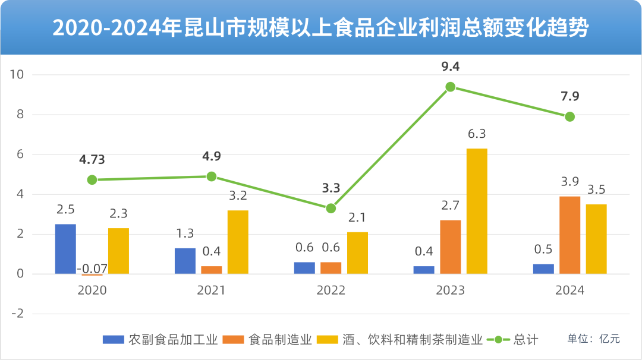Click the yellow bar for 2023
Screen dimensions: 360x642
[477, 211]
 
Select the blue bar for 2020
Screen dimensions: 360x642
[65, 249]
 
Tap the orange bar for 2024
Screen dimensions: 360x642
[569, 235]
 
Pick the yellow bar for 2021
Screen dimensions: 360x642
[238, 242]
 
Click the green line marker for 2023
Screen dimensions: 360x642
[451, 87]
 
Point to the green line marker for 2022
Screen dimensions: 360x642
[331, 209]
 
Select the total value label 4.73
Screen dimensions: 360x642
[92, 159]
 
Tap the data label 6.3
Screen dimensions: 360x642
[477, 134]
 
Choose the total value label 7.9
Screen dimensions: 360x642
[569, 96]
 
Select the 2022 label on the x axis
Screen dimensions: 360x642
[331, 290]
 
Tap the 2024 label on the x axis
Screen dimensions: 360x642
[569, 290]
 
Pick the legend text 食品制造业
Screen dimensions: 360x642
[280, 340]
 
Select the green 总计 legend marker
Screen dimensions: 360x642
[498, 340]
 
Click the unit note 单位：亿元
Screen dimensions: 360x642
[593, 339]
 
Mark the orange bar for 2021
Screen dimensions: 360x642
[212, 270]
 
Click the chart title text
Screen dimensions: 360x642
[321, 28]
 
